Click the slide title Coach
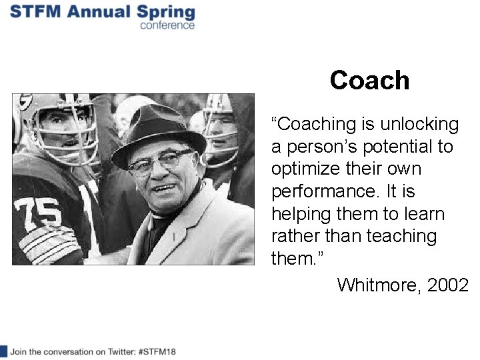pos(369,81)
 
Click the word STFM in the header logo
pos(36,12)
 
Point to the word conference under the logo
pos(167,25)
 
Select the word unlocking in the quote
pos(419,124)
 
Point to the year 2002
pos(448,285)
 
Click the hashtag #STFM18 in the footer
pos(155,351)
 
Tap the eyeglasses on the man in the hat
pos(160,161)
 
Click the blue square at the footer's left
pos(3,351)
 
